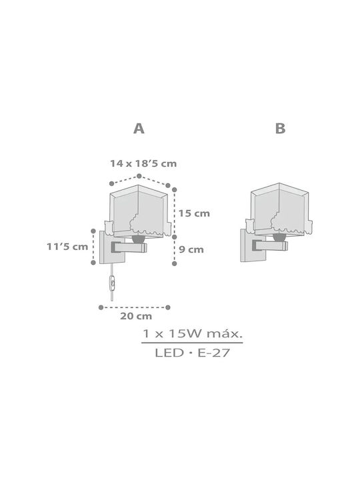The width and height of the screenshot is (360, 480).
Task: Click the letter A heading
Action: point(139,129)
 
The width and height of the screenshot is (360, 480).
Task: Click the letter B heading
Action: point(280,129)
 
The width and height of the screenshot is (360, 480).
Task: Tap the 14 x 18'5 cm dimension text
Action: point(143,163)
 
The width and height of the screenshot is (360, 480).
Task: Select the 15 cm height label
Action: point(194,213)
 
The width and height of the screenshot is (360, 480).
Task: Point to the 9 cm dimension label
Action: point(191,249)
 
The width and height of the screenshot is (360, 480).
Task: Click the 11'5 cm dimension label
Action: point(67,247)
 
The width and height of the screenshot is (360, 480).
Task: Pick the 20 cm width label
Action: point(136,316)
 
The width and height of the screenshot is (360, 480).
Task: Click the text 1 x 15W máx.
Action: point(192,333)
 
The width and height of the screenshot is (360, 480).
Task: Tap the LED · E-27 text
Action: point(192,353)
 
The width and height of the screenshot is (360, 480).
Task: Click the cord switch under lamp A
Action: point(113,283)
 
